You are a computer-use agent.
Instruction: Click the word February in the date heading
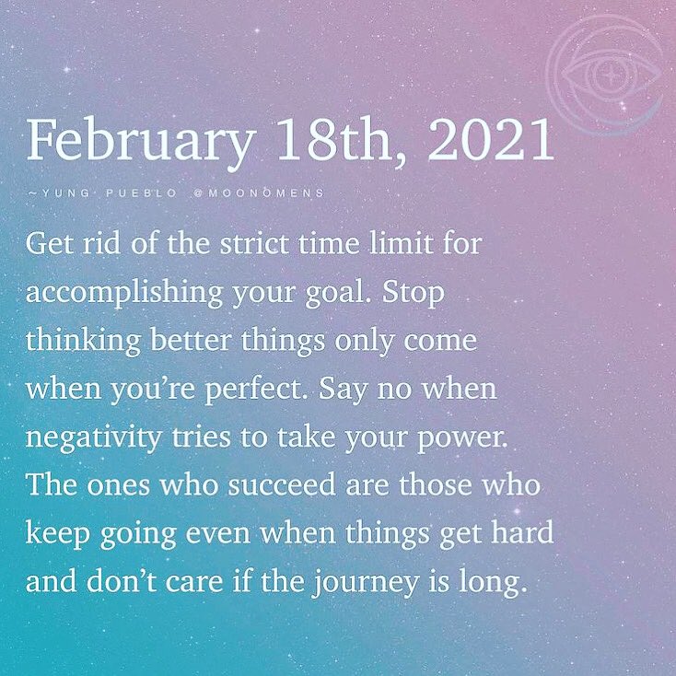coord(139,140)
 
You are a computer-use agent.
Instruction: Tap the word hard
coord(525,533)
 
